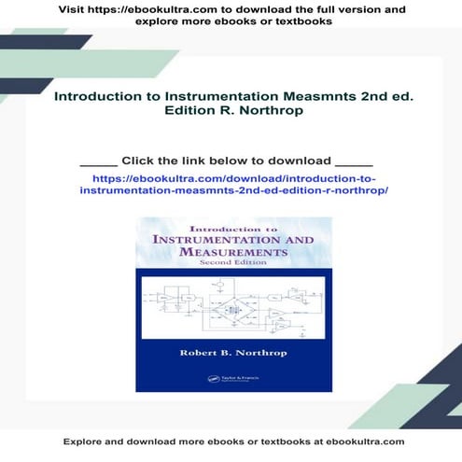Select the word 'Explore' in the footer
point(82,441)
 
